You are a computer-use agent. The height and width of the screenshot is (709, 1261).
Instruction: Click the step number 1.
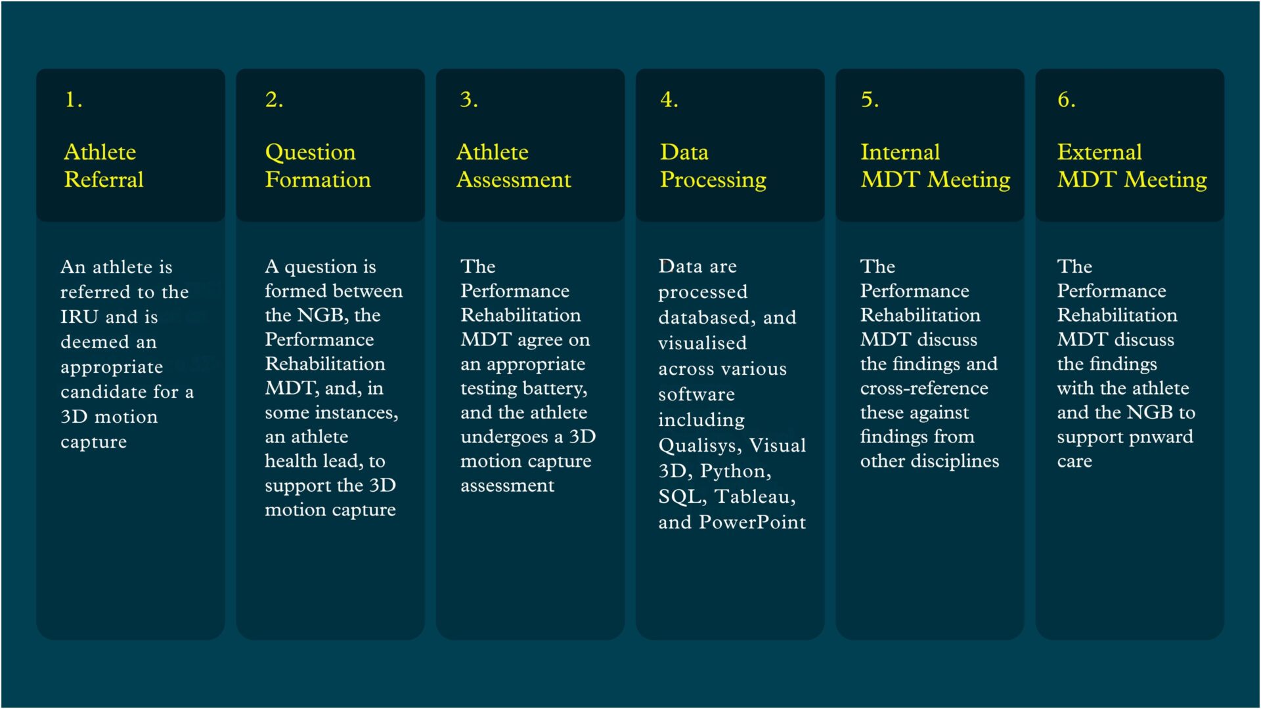74,100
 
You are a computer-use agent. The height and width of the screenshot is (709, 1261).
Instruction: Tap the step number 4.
669,100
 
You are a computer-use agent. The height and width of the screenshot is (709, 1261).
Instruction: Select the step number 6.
1066,100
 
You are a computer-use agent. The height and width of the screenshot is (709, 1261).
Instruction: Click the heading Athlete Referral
104,165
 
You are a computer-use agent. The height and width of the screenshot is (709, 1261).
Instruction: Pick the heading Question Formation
318,165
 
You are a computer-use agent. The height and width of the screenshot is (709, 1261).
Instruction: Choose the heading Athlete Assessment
514,165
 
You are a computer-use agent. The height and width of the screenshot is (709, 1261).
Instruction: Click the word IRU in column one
79,317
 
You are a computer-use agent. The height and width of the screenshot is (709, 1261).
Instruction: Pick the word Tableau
755,497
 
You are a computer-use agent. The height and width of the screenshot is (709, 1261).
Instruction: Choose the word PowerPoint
752,523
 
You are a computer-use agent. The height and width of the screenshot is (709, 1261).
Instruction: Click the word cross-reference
924,389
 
